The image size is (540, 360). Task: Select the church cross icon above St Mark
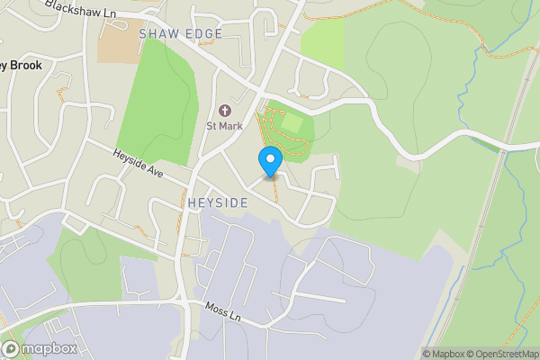[224, 111]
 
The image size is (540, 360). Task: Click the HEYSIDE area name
[218, 203]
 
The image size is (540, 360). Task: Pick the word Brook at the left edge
[26, 66]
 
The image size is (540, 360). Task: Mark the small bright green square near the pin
[292, 121]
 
